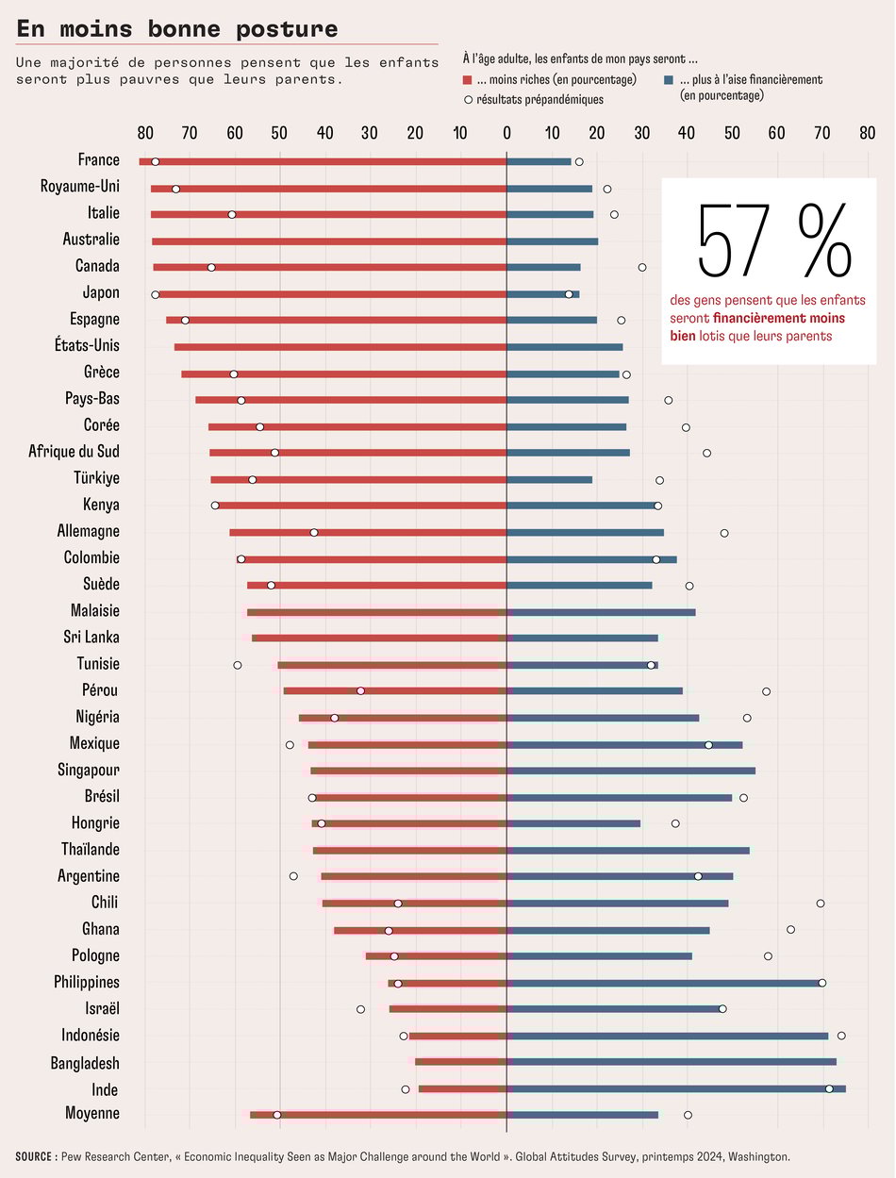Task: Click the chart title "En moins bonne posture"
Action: click(177, 29)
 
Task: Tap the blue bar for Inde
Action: click(676, 1089)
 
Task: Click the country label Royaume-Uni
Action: click(79, 187)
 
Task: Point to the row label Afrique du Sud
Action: click(74, 452)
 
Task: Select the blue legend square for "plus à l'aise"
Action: click(669, 80)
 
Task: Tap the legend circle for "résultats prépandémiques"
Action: click(469, 99)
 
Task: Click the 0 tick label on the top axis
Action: click(506, 133)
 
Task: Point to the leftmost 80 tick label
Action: click(144, 133)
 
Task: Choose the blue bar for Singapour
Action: click(631, 771)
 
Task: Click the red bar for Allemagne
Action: click(368, 533)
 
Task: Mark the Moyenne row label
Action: click(91, 1114)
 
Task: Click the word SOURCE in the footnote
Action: click(36, 1156)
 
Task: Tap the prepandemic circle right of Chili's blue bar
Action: click(821, 904)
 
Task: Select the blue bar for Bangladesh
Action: click(672, 1062)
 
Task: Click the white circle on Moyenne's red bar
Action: click(276, 1115)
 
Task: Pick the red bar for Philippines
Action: click(447, 983)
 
